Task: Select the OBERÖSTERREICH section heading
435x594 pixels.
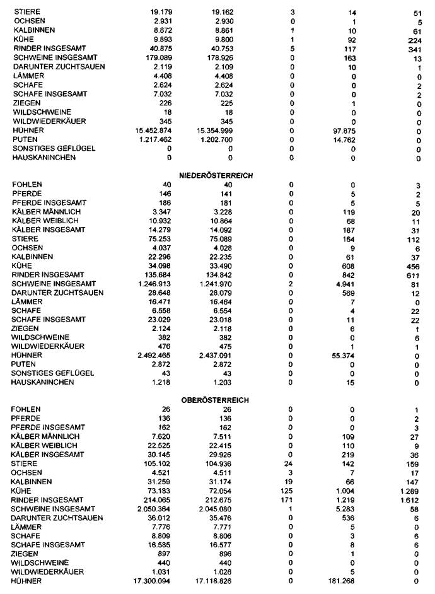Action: pyautogui.click(x=216, y=400)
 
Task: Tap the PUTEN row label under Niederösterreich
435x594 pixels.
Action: pyautogui.click(x=23, y=364)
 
